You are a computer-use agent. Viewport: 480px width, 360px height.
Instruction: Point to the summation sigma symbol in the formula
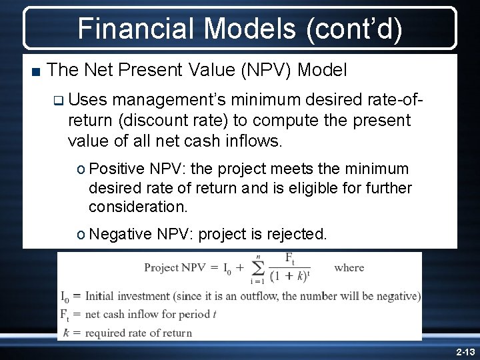click(259, 268)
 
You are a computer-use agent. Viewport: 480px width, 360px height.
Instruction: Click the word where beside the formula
click(349, 268)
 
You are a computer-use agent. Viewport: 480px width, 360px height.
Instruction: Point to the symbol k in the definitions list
click(65, 333)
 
